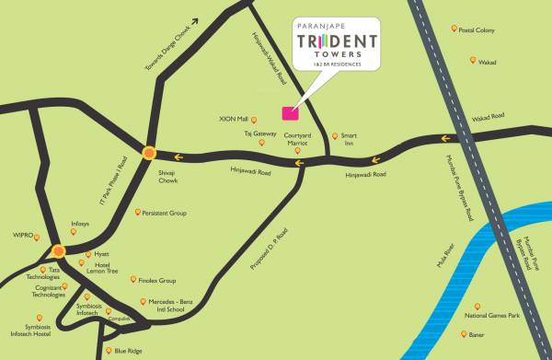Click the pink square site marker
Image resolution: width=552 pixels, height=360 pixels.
[289, 114]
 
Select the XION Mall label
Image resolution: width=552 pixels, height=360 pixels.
[259, 118]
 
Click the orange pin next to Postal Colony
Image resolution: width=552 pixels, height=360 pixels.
[454, 29]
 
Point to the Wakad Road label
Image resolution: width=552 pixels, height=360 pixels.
[489, 117]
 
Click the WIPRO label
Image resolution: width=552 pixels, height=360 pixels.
[19, 236]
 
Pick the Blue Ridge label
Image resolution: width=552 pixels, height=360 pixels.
[128, 351]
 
